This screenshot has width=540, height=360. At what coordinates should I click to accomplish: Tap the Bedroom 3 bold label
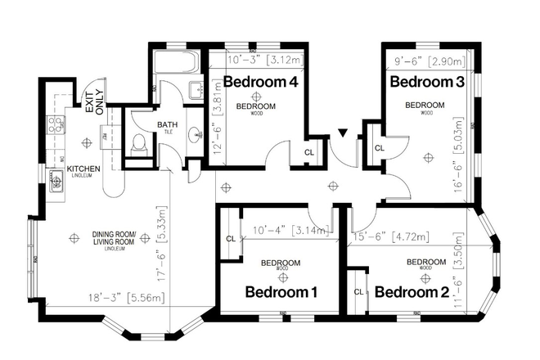(421, 82)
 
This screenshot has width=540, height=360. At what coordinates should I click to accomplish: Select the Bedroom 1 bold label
(281, 292)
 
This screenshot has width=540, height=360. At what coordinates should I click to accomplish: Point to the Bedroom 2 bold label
(413, 292)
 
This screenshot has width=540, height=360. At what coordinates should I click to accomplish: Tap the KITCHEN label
(83, 169)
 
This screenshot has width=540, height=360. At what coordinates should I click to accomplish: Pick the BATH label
(167, 124)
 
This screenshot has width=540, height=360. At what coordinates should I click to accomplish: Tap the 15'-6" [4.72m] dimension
(398, 237)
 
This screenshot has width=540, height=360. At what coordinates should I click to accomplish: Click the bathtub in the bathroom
(176, 63)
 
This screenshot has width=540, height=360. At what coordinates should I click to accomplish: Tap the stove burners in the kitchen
(56, 124)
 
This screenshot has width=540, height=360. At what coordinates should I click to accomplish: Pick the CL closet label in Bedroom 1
(231, 239)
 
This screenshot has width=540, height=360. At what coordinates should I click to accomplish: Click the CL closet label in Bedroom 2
(358, 291)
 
